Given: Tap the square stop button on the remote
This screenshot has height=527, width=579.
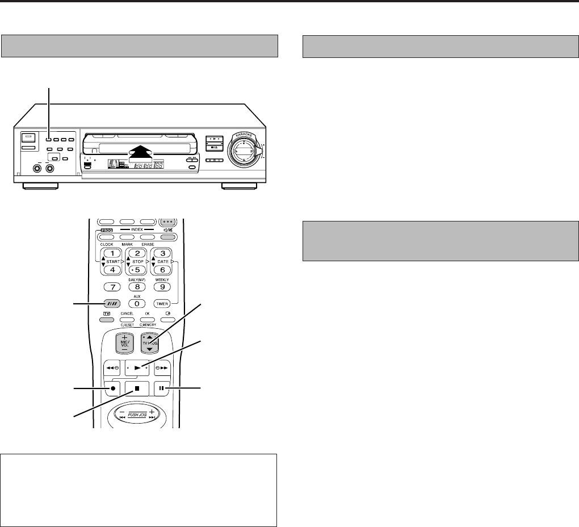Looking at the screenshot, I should coord(136,390).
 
